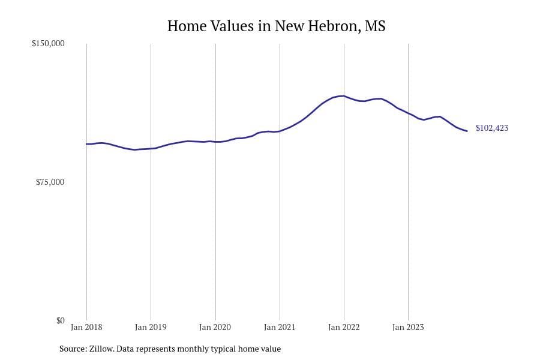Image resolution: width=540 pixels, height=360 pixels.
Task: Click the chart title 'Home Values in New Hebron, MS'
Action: (x=276, y=26)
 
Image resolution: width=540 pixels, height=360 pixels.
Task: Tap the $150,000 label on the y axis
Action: (x=48, y=44)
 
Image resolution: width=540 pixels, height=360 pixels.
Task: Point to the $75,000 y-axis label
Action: (x=50, y=182)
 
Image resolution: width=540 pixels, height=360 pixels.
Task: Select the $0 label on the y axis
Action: (x=60, y=320)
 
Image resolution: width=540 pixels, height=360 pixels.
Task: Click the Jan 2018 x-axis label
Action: (x=86, y=327)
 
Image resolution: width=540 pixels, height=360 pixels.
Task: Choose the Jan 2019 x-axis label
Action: (x=151, y=327)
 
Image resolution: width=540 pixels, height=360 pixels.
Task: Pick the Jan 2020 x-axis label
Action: (x=215, y=327)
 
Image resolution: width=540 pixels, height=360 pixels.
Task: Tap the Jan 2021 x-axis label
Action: (x=280, y=327)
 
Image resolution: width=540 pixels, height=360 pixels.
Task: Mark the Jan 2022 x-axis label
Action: (x=344, y=327)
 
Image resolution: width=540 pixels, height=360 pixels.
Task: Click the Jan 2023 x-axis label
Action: (x=408, y=327)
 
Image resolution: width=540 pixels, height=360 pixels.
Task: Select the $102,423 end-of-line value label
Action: (x=492, y=128)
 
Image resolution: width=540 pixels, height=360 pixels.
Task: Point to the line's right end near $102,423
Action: (x=467, y=131)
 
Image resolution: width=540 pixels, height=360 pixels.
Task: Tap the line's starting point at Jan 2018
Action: (x=86, y=144)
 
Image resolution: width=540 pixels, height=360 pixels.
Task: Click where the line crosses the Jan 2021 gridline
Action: (x=280, y=131)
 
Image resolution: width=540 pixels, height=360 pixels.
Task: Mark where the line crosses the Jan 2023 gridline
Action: (x=408, y=113)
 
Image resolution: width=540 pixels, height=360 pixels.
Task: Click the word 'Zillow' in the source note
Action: (x=100, y=349)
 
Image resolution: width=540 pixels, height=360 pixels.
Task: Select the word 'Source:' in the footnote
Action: (x=73, y=349)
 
